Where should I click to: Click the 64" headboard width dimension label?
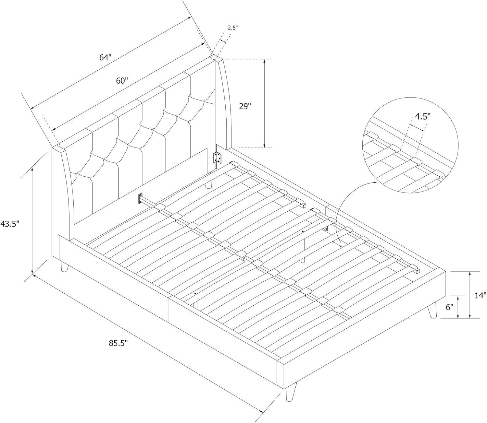106,57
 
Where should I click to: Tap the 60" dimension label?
122,81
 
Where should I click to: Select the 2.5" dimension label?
232,28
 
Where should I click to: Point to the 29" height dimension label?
245,106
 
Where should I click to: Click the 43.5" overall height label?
9,224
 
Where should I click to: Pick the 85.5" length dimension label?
119,343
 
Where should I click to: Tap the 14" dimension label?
480,295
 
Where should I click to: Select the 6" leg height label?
449,307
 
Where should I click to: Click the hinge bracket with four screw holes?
217,157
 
